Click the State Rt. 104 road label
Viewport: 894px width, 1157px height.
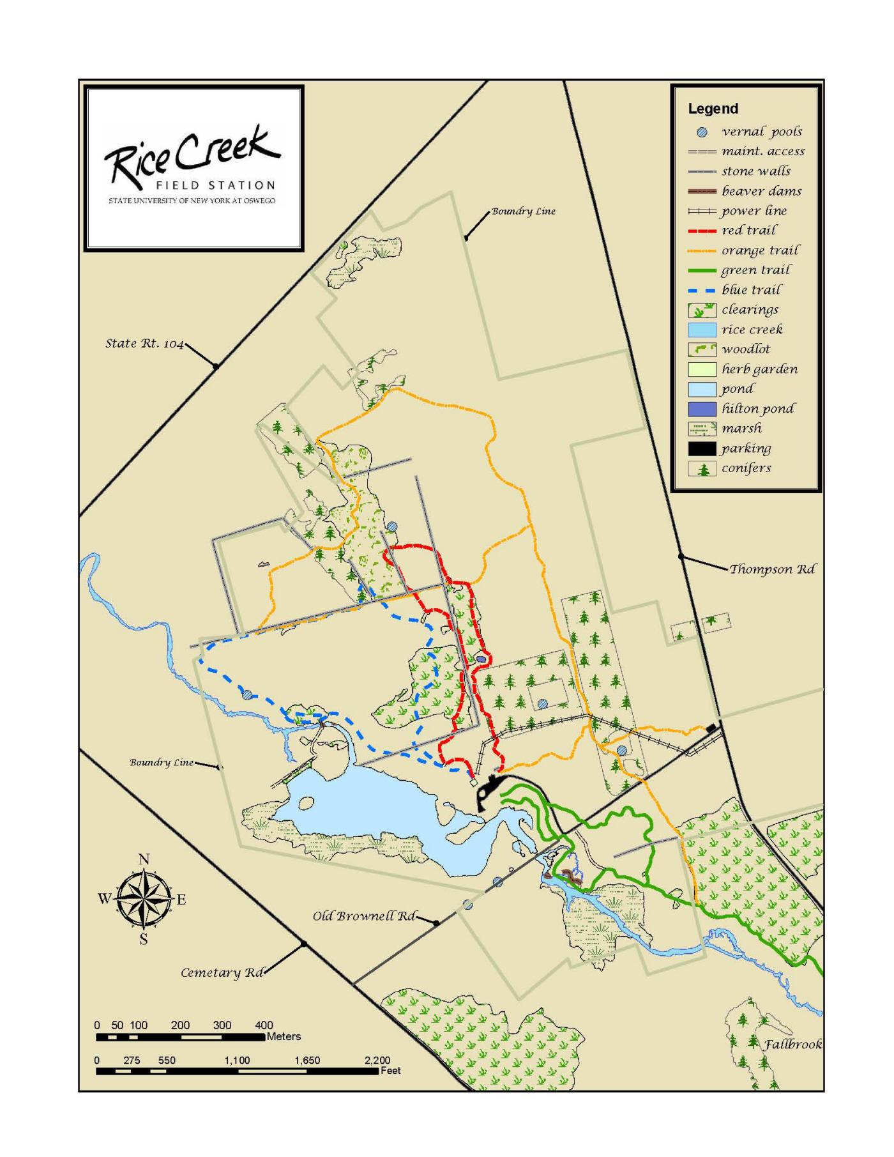[x=144, y=344]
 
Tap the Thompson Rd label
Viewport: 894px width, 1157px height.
[x=772, y=569]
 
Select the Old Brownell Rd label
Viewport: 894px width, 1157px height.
[x=363, y=916]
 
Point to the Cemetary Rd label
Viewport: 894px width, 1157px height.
[x=222, y=973]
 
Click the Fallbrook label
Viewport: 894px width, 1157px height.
[x=793, y=1045]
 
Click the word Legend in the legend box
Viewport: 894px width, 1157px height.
[x=713, y=109]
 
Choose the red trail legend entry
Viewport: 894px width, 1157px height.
[x=749, y=231]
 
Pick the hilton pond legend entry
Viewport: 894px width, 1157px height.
[x=758, y=409]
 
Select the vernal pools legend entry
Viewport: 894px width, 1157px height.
[x=761, y=132]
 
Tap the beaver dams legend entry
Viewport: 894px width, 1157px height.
[x=761, y=191]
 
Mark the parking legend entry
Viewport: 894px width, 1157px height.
[x=746, y=448]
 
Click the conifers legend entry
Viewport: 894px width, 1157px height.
[x=746, y=468]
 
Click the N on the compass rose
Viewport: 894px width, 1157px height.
[x=144, y=859]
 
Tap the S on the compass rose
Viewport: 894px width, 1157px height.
[x=144, y=939]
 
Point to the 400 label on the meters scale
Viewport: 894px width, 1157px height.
[x=264, y=1025]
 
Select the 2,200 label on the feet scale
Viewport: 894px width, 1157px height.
[x=377, y=1061]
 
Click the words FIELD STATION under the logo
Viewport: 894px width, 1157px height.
[x=215, y=186]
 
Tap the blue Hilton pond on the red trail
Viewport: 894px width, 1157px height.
[x=481, y=659]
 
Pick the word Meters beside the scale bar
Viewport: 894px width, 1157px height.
[x=284, y=1037]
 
